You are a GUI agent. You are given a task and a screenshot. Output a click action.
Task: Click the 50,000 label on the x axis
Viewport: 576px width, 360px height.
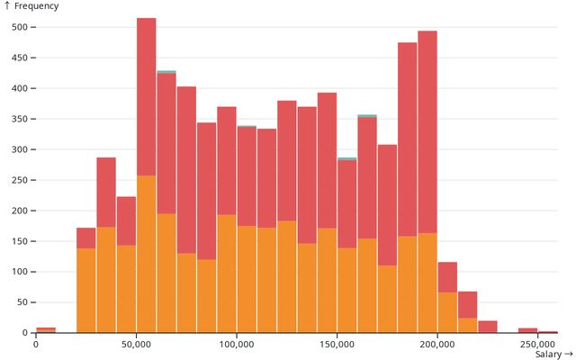(136, 344)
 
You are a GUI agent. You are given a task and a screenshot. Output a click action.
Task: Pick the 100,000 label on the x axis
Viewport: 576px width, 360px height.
(236, 344)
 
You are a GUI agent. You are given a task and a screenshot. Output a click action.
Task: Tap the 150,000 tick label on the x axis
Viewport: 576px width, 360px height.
(337, 344)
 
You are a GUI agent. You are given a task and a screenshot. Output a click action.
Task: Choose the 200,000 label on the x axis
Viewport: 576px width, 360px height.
(436, 344)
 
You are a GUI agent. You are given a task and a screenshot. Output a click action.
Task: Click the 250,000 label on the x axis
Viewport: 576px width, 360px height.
(536, 344)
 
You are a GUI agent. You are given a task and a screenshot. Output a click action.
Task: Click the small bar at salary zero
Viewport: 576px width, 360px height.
(46, 329)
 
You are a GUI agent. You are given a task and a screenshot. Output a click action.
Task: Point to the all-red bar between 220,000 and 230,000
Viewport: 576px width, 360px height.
(488, 327)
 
